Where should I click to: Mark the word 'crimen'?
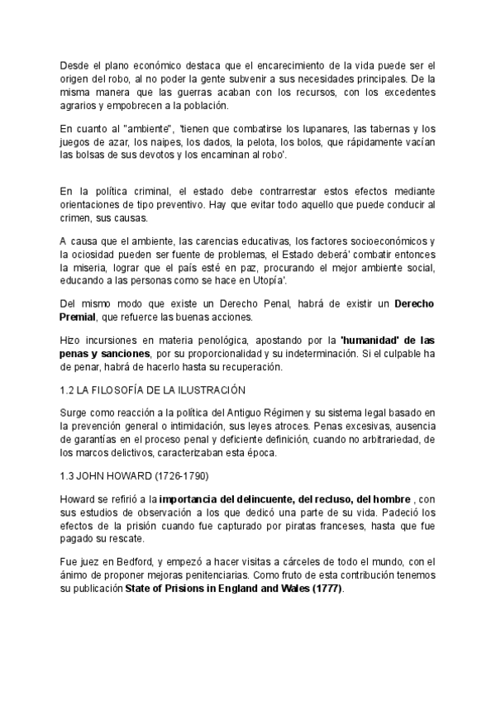(x=79, y=218)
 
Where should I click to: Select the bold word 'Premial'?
(x=83, y=317)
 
